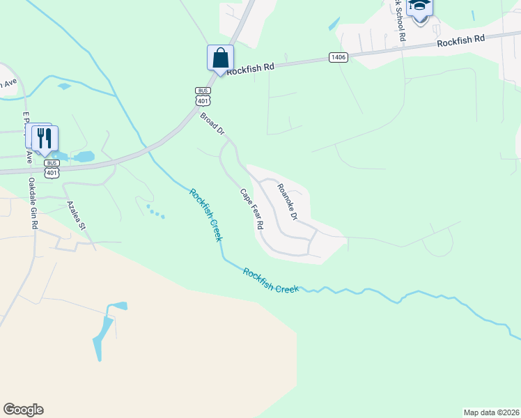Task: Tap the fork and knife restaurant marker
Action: point(45,138)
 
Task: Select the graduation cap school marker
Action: point(419,8)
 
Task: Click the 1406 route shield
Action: point(339,57)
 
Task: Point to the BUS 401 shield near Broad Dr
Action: point(203,96)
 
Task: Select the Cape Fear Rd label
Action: point(252,209)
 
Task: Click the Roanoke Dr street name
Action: point(287,202)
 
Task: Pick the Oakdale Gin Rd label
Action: point(33,203)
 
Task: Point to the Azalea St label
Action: point(76,216)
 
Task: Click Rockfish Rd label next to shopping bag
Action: point(251,68)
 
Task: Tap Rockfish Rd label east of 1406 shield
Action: point(460,42)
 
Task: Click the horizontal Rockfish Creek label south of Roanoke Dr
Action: point(271,281)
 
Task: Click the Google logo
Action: point(23,410)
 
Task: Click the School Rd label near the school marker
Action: point(398,21)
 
